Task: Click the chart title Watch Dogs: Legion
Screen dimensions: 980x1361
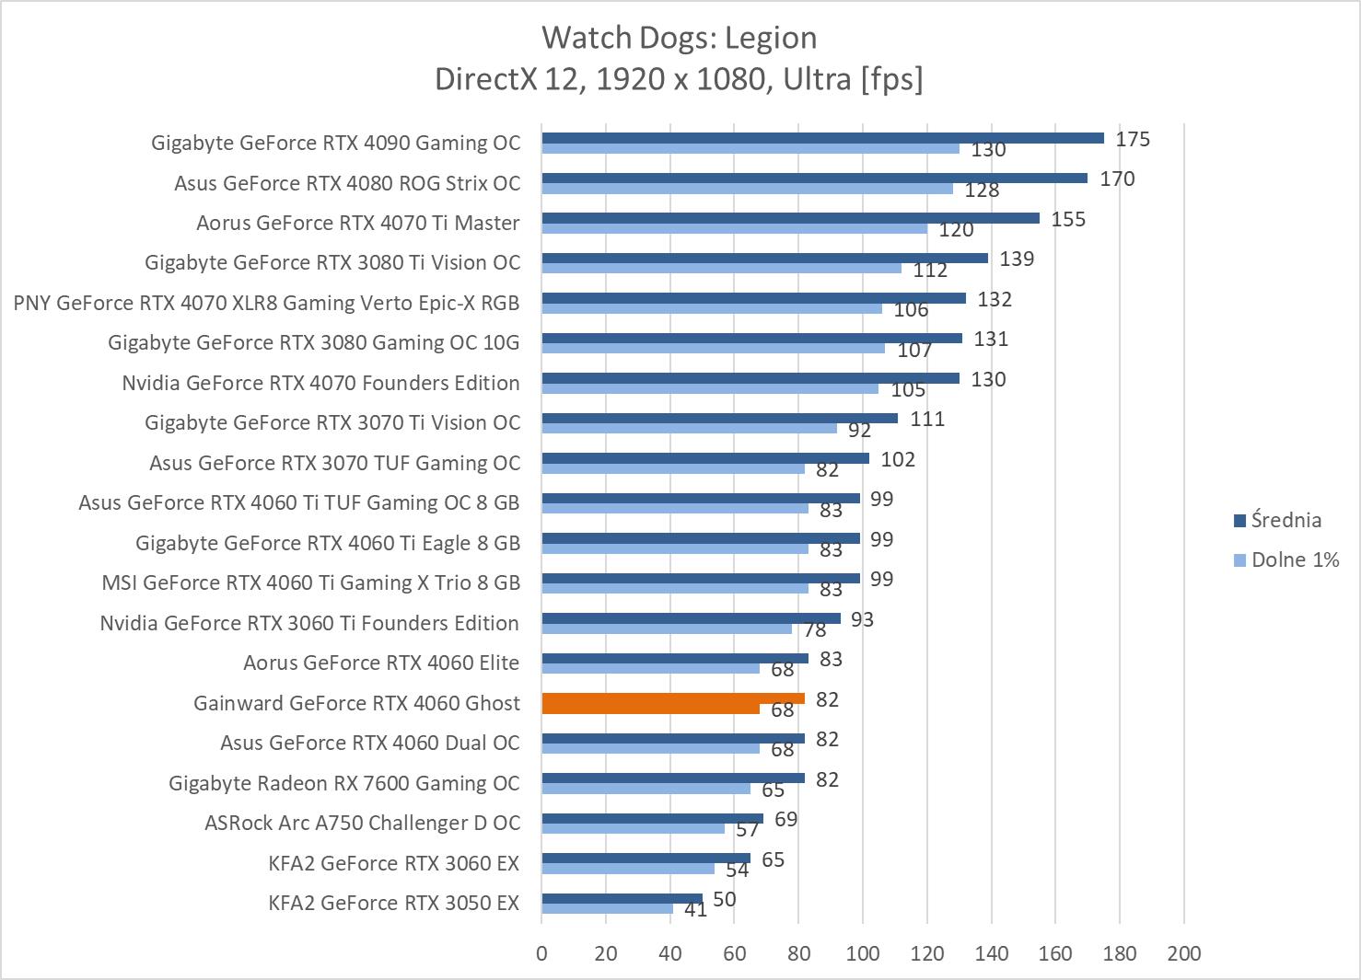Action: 679,38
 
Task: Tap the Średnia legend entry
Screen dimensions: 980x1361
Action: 1285,520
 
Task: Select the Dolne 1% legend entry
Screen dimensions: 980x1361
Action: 1294,559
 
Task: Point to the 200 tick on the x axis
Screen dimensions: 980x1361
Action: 1183,953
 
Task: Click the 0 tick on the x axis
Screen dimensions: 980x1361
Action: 541,953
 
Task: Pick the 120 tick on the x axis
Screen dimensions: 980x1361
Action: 926,953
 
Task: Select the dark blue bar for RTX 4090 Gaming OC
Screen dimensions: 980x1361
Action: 822,138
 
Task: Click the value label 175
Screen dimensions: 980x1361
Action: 1133,139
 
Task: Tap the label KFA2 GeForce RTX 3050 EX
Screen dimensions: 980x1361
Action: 393,903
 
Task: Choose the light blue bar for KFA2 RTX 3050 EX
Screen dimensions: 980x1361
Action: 607,909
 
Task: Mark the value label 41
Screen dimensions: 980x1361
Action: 695,910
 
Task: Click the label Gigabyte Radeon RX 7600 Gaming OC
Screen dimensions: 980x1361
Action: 343,783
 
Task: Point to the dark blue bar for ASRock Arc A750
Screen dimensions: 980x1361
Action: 652,818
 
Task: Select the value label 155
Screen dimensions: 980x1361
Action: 1068,219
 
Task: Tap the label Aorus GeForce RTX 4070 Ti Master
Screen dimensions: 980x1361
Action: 357,223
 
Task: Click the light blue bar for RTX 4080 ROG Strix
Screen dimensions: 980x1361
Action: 747,189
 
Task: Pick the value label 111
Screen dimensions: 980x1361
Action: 927,420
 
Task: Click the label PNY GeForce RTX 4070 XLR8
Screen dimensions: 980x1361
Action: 266,303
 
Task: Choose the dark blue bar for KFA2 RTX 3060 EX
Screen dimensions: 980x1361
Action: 646,858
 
